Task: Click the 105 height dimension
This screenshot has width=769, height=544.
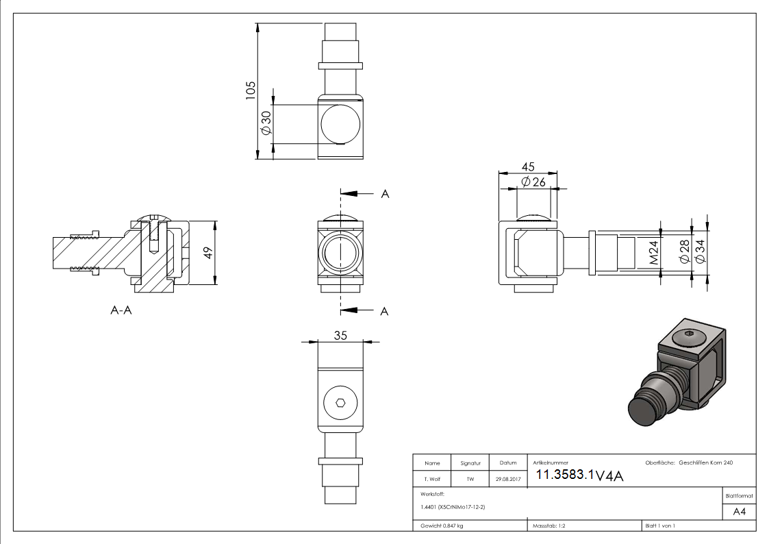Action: pyautogui.click(x=251, y=90)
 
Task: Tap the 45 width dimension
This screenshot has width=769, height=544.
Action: pyautogui.click(x=528, y=166)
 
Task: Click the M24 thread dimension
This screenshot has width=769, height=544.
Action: pyautogui.click(x=653, y=252)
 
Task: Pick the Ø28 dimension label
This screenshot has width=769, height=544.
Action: pyautogui.click(x=683, y=252)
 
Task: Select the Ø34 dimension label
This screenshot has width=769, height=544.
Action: pyautogui.click(x=700, y=252)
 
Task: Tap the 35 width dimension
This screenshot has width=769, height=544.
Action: pyautogui.click(x=340, y=336)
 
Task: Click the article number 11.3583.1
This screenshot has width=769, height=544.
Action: pyautogui.click(x=564, y=475)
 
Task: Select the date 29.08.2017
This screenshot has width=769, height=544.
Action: pyautogui.click(x=507, y=480)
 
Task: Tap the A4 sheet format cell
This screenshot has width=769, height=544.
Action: pyautogui.click(x=740, y=511)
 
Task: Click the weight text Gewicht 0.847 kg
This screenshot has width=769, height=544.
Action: pyautogui.click(x=442, y=526)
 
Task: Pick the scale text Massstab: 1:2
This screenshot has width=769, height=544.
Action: pyautogui.click(x=549, y=526)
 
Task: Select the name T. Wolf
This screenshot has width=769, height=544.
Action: pyautogui.click(x=432, y=480)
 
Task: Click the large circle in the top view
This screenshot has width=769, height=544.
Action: pyautogui.click(x=340, y=124)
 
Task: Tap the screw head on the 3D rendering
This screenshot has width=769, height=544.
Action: pyautogui.click(x=688, y=338)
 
